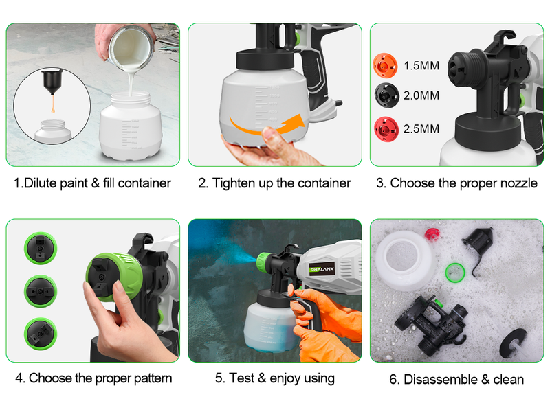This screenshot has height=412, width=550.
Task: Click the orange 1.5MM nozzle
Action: [x=385, y=65]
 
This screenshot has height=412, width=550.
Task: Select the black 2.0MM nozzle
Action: [x=386, y=95]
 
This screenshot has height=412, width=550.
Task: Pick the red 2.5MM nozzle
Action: [x=386, y=129]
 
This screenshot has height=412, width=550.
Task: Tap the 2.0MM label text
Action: [x=421, y=95]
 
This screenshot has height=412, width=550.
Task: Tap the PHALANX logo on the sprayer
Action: [x=322, y=269]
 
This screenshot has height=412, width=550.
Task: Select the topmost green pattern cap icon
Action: [x=41, y=248]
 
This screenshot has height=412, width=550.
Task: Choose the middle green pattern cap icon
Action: [x=41, y=291]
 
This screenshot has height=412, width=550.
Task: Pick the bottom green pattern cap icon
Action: [x=41, y=334]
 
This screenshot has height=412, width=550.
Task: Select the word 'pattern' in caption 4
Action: [x=153, y=379]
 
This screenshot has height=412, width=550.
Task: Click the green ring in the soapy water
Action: [x=455, y=273]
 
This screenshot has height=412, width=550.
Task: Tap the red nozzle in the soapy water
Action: [x=432, y=234]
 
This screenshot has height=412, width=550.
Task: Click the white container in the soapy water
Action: [x=405, y=261]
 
